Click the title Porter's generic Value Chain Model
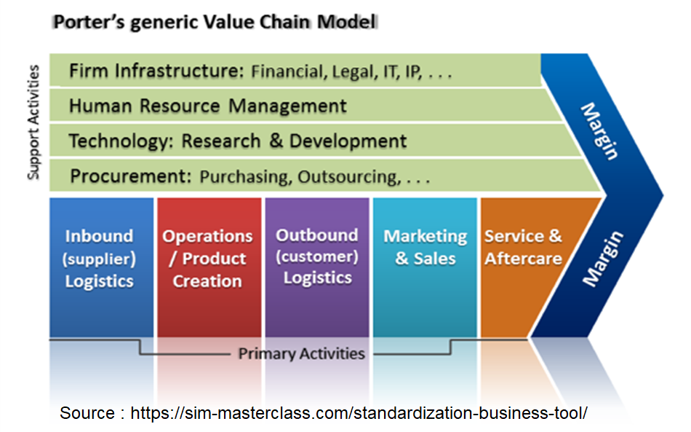click(x=215, y=22)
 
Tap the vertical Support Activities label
click(x=33, y=122)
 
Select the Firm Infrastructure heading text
click(x=156, y=71)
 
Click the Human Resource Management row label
click(x=207, y=106)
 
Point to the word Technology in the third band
click(x=119, y=141)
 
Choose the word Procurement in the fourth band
click(x=131, y=176)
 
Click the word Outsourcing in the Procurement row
click(x=349, y=177)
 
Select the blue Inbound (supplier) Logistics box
click(x=101, y=267)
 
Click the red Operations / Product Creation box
click(x=209, y=267)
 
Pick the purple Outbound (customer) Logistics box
click(x=317, y=267)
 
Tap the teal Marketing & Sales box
click(x=425, y=267)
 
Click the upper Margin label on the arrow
click(x=600, y=131)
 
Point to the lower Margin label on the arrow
click(x=602, y=258)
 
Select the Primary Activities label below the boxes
click(x=301, y=353)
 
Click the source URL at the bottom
click(x=359, y=413)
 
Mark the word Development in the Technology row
click(x=348, y=141)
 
